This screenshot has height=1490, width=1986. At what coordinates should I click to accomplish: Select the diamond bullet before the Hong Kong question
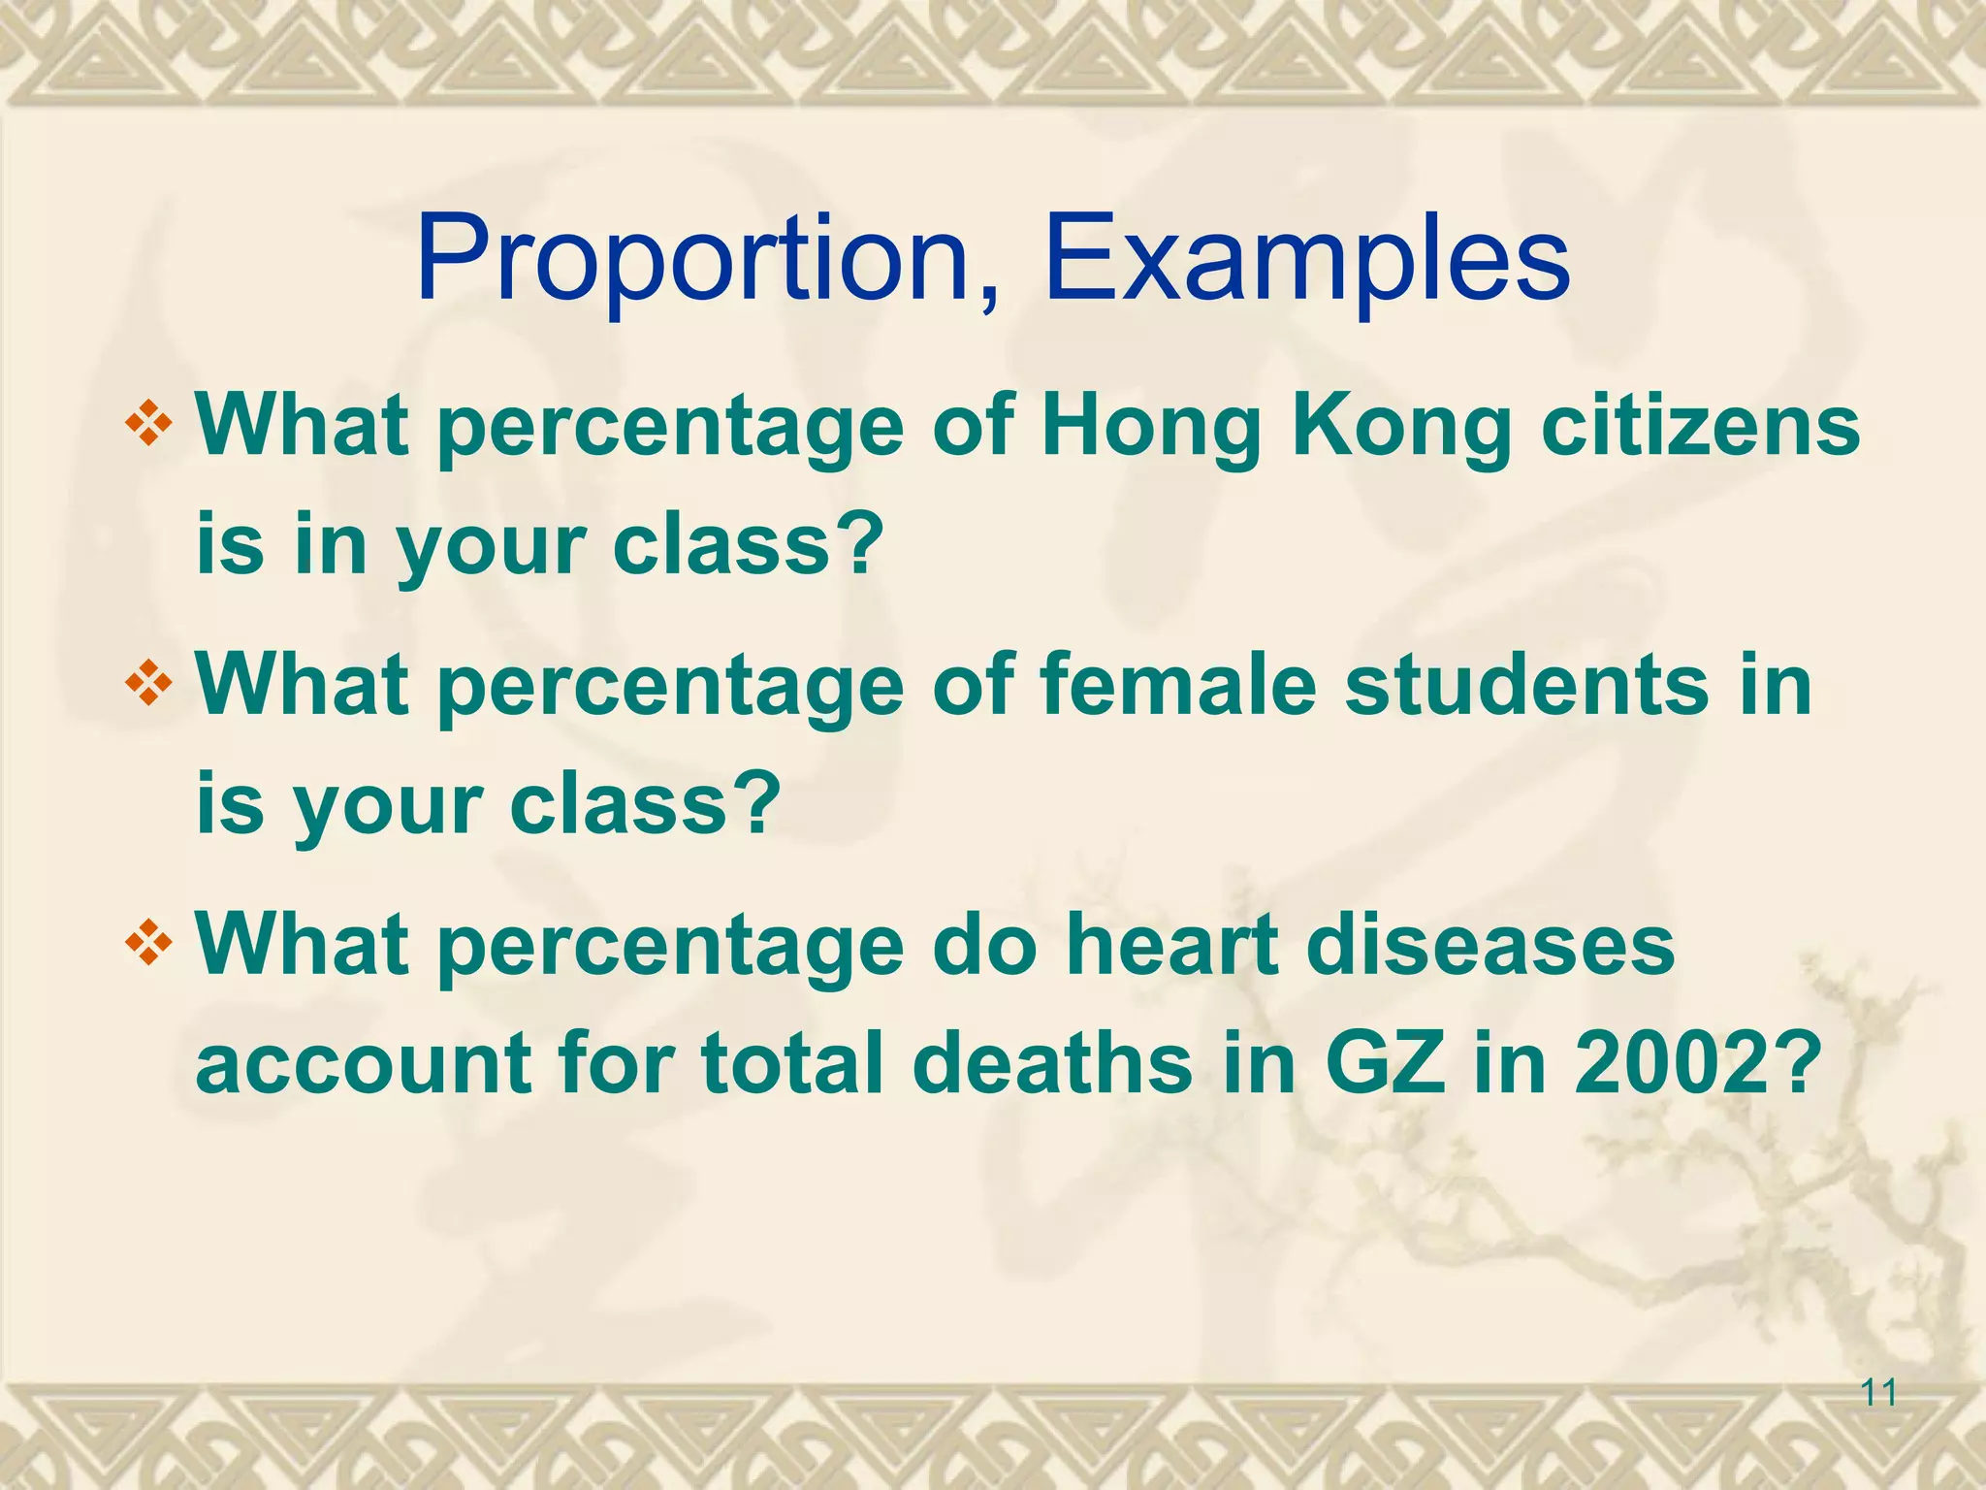[x=148, y=425]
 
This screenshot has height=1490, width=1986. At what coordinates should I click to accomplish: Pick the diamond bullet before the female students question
[x=148, y=686]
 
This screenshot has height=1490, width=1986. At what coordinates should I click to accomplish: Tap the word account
[x=365, y=1063]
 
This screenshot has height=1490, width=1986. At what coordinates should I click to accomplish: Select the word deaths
[x=1051, y=1063]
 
